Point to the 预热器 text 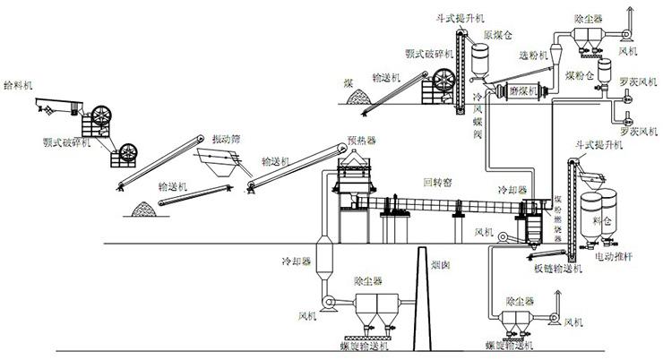361,141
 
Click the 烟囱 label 440,266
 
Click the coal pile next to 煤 358,98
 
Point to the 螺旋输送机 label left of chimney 363,344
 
